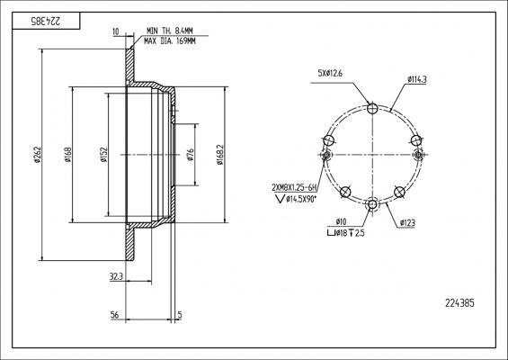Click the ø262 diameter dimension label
pos(38,155)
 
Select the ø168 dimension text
pos(67,155)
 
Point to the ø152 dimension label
pos(103,155)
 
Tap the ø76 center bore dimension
pos(191,155)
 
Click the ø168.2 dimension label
pos(220,155)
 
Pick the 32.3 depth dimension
pos(116,276)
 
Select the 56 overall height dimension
pos(114,315)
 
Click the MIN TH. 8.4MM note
pos(170,31)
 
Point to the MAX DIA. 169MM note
pos(170,41)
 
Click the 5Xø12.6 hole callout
pos(330,74)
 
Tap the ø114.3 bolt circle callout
pos(417,79)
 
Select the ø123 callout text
pos(407,223)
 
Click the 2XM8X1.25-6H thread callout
pos(294,187)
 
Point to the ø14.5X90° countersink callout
pos(297,199)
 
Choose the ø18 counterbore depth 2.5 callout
pos(346,233)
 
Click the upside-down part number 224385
pos(46,21)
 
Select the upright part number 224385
pos(459,303)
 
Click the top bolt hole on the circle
pos(373,108)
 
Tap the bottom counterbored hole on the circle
pos(372,204)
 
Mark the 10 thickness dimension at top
pos(116,31)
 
